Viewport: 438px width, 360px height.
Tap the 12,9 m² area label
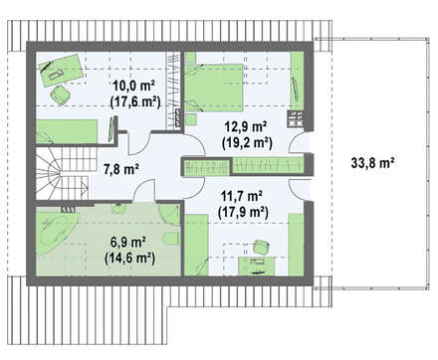pyautogui.click(x=246, y=126)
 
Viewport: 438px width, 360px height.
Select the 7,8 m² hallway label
pyautogui.click(x=121, y=169)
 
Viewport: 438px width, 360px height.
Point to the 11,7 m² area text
pyautogui.click(x=242, y=196)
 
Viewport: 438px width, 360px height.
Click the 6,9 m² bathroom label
pyautogui.click(x=129, y=242)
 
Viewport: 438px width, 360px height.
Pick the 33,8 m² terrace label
pyautogui.click(x=372, y=163)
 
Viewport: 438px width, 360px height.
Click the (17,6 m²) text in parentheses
pyautogui.click(x=135, y=101)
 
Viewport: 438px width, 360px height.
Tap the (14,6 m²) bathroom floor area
pyautogui.click(x=129, y=258)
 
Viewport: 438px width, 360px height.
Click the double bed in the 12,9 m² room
pyautogui.click(x=214, y=88)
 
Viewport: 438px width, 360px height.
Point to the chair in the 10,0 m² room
pyautogui.click(x=60, y=94)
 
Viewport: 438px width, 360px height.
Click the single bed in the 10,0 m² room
pyautogui.click(x=67, y=131)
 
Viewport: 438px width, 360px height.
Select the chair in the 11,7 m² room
pyautogui.click(x=261, y=247)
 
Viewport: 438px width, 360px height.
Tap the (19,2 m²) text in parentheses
pyautogui.click(x=247, y=142)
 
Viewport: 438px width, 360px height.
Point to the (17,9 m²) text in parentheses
pyautogui.click(x=243, y=212)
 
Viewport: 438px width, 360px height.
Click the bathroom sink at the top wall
pyautogui.click(x=117, y=208)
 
